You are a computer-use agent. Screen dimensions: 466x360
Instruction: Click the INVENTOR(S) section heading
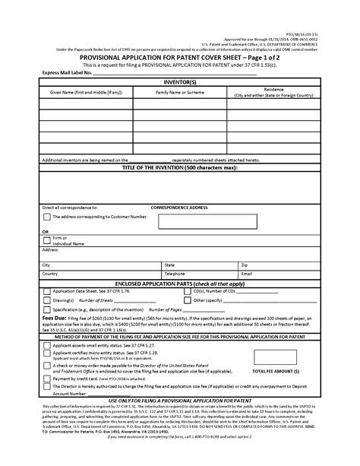(x=180, y=80)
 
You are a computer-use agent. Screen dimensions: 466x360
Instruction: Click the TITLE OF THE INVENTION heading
(x=180, y=168)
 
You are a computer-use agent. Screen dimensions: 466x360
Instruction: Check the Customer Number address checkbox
(x=47, y=217)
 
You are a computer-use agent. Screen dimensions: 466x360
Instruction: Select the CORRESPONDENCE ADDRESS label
(x=180, y=207)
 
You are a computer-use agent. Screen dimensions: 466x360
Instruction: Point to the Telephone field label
(x=175, y=273)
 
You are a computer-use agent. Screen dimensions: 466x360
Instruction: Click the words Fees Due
(x=53, y=319)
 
